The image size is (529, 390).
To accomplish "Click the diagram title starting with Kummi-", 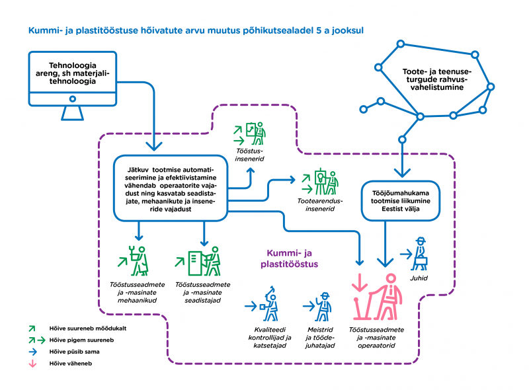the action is coord(196,30).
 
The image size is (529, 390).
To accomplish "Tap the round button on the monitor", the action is coord(73,99).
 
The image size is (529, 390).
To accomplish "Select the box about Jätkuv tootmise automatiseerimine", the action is coord(171,188).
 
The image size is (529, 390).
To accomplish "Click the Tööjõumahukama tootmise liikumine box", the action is coord(401,201).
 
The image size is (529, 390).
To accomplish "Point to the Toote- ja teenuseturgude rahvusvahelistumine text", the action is coord(436,79).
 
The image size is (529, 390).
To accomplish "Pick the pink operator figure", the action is coord(378,297).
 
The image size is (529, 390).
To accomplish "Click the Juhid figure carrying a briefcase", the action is coord(420,254).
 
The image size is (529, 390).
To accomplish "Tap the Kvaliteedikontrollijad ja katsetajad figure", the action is coord(270,304).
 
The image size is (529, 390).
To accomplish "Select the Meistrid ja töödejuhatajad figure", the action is coord(323,307).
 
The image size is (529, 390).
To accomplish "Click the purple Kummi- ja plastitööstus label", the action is coord(289,258).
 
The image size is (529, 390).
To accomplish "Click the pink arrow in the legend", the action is coord(32,364).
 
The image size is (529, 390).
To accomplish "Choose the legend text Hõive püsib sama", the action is coord(74,352).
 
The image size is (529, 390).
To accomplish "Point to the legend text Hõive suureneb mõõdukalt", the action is coord(88,329).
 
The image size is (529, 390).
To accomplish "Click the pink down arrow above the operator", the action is coord(360,282).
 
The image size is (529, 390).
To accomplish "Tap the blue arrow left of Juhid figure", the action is coord(406,254).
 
